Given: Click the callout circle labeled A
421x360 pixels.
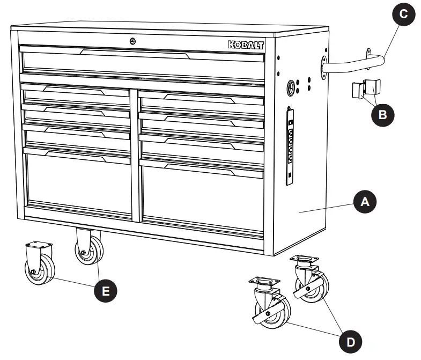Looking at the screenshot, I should (364, 202).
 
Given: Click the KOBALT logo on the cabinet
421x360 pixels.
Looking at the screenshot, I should (246, 46).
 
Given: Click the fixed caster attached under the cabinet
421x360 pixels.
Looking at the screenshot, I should (87, 247).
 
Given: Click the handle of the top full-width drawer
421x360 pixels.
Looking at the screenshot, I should (134, 53).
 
